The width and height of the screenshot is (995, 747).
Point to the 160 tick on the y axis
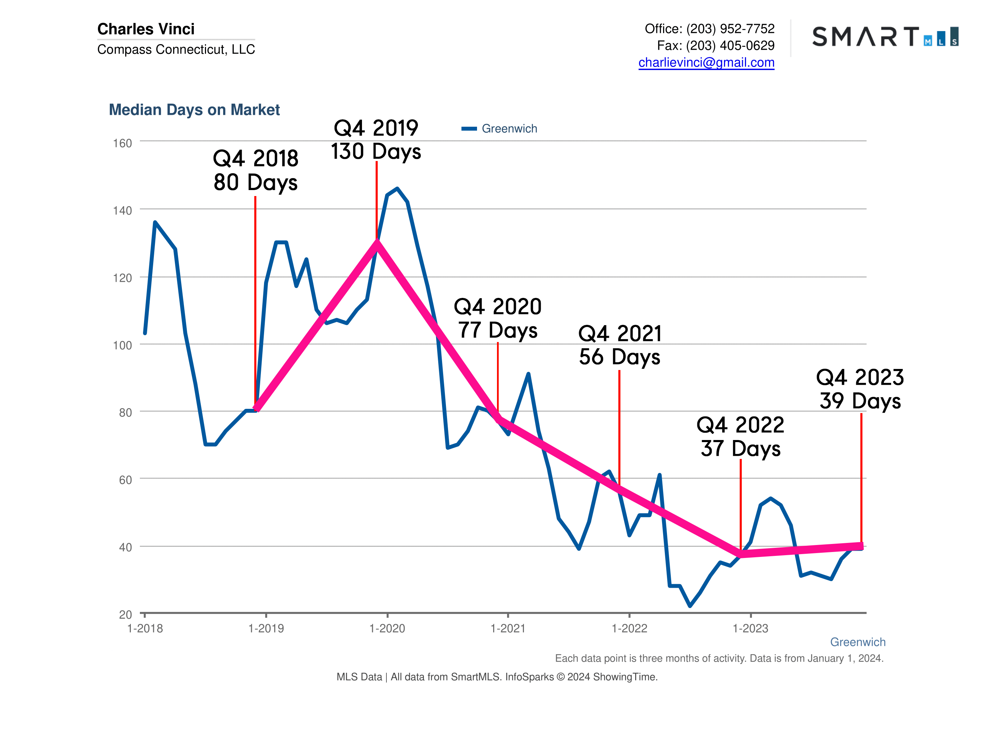coord(122,143)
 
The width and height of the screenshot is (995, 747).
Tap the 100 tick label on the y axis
coord(122,345)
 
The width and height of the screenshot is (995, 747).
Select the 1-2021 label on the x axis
coord(508,629)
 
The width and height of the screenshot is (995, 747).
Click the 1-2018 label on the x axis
coord(145,629)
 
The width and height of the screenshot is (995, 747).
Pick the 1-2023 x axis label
coord(750,629)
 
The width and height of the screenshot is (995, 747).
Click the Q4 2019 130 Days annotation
coord(376,140)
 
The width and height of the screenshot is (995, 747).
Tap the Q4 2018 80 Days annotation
coord(256,170)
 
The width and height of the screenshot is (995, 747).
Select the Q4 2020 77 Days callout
coord(497,318)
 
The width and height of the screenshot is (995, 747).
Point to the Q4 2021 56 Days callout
coord(619,345)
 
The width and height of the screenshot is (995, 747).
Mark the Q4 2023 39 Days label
coord(860,389)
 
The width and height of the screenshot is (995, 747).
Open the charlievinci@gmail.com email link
coord(706,63)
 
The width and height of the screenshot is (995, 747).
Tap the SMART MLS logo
coord(885,36)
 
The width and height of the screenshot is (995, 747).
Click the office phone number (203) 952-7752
coord(730,29)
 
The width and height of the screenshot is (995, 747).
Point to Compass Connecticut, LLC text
coord(176,49)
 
